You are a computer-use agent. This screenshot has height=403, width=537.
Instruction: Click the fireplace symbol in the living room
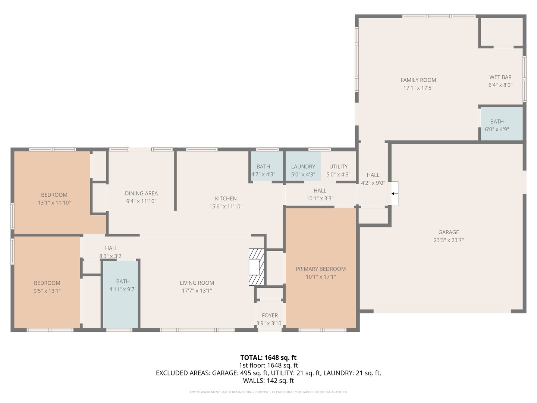point(256,267)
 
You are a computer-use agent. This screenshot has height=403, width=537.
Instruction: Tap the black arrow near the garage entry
point(393,194)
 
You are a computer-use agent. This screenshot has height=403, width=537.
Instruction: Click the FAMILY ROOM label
point(418,80)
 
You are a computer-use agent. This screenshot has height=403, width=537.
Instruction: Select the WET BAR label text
point(500,77)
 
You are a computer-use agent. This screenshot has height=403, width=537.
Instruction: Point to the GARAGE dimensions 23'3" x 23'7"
point(449,240)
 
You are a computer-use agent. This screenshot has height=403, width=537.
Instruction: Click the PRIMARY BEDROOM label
point(321,269)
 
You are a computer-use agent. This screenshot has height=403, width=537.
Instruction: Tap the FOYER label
point(270,315)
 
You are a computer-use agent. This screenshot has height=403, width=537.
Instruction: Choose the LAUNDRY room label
point(303,166)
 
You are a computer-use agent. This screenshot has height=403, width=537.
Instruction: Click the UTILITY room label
point(338,166)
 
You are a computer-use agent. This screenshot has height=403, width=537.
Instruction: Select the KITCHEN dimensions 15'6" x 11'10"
point(226,206)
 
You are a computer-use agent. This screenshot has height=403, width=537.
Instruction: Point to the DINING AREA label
point(141,193)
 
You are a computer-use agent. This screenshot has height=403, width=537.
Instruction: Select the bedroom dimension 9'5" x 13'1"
point(47,291)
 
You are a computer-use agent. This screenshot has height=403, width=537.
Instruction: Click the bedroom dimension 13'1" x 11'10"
point(54,203)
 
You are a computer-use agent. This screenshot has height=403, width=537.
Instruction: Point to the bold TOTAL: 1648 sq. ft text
point(268,357)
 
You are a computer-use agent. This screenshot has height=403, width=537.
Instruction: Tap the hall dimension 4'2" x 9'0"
point(373,183)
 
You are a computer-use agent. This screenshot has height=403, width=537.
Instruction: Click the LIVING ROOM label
point(197,283)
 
